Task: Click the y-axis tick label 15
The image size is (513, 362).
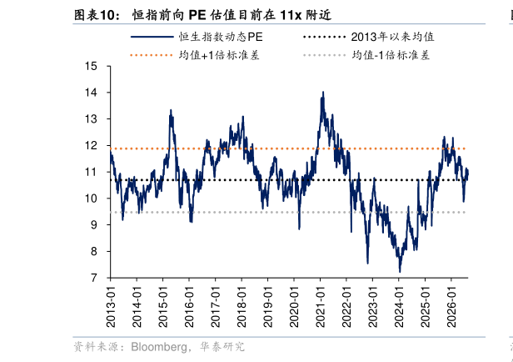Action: coord(91,66)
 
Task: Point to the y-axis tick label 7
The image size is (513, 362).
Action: coord(94,278)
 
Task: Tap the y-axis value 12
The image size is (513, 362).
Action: coord(91,145)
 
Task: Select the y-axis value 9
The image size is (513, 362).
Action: coord(94,224)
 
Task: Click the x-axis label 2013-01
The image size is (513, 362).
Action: coord(111,306)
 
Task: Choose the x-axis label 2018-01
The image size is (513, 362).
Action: coord(242,306)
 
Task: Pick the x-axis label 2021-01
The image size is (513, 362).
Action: coord(321,306)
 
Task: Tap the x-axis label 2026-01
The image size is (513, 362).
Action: coord(451,306)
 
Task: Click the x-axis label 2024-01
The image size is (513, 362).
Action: coord(399,306)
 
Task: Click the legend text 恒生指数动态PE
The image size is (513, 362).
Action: coord(221,37)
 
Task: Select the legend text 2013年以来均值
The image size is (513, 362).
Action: coord(392,37)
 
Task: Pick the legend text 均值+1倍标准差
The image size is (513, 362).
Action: coord(219,55)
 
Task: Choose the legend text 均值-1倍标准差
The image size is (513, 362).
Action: coord(391,55)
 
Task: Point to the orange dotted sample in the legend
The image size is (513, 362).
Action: coord(152,55)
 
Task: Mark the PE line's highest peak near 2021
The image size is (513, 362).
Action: coord(323,92)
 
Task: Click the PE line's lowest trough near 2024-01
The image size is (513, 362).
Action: coord(400,272)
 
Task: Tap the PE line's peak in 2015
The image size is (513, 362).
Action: coord(171,110)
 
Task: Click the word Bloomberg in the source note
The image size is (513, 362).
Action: coord(158,347)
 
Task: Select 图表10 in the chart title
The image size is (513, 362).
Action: coord(97,15)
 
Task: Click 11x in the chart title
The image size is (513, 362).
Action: coord(291,15)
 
